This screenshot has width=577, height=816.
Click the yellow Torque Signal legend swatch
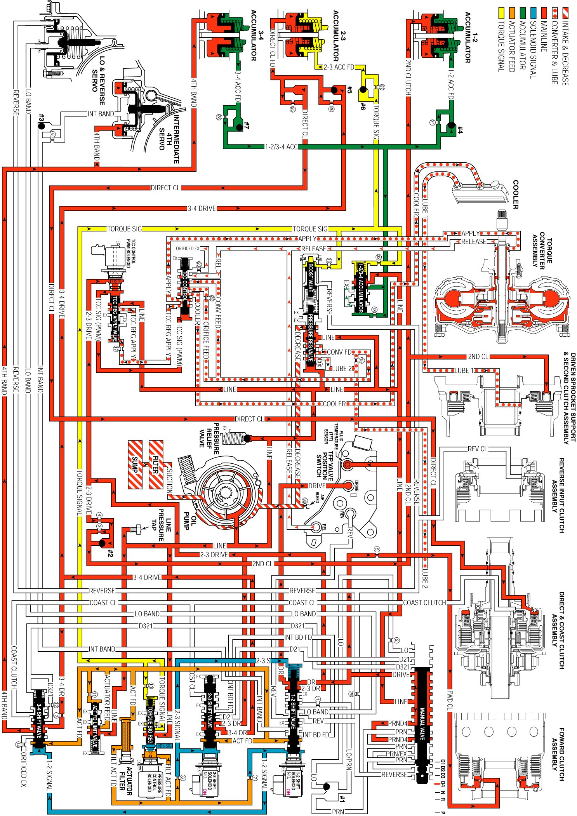501,12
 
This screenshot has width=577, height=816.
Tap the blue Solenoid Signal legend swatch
533,12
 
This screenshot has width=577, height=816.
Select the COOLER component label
515,194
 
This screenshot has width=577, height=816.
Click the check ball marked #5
334,90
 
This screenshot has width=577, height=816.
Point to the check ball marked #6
363,90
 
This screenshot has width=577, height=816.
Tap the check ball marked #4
451,125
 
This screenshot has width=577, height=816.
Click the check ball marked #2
103,543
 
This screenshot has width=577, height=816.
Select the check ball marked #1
327,786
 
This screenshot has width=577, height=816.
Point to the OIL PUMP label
190,520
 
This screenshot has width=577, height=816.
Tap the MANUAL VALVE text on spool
422,724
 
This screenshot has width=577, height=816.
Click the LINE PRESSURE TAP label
161,524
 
